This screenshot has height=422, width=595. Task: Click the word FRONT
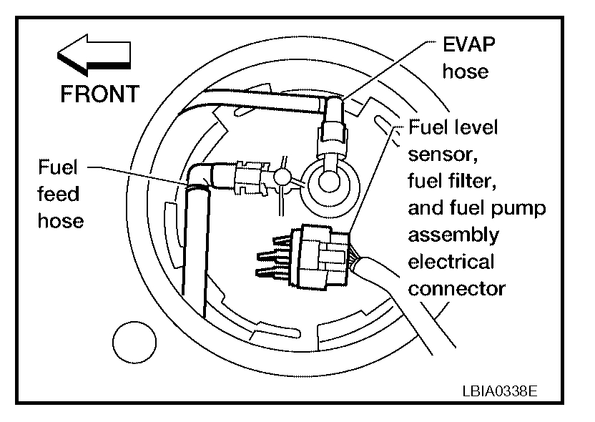(x=100, y=94)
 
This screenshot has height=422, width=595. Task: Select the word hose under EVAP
(x=465, y=72)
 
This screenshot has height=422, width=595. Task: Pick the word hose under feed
(x=61, y=220)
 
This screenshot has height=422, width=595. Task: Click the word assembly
(x=453, y=236)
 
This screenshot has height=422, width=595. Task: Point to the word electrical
(x=451, y=262)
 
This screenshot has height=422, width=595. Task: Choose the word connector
(x=456, y=288)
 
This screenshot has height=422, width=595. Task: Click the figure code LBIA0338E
(x=498, y=391)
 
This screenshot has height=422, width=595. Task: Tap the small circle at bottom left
(x=134, y=341)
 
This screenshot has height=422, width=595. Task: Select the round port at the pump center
(x=328, y=180)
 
